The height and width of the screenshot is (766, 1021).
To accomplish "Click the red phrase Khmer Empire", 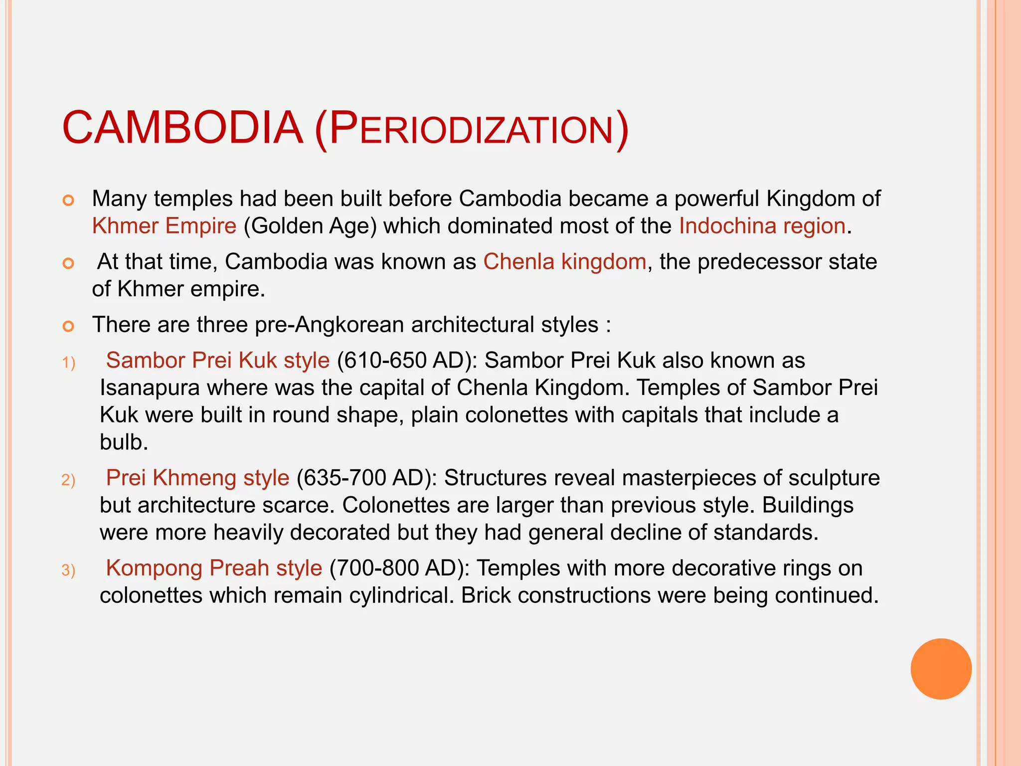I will pyautogui.click(x=164, y=225).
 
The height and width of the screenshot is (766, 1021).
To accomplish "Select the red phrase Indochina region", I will pyautogui.click(x=762, y=225).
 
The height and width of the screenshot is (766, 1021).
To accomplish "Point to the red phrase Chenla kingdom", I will pyautogui.click(x=564, y=261).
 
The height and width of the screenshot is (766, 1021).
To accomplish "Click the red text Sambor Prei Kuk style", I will pyautogui.click(x=218, y=360).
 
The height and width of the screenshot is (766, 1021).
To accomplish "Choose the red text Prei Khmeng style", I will pyautogui.click(x=197, y=478).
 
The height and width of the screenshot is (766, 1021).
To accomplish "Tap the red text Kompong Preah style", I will pyautogui.click(x=214, y=568).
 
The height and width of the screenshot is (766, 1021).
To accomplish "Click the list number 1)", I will pyautogui.click(x=68, y=363).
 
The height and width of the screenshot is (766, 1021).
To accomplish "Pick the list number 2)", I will pyautogui.click(x=68, y=480).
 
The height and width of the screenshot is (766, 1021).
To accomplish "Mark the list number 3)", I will pyautogui.click(x=68, y=570).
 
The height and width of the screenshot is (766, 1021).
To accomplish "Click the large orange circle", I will pyautogui.click(x=941, y=669).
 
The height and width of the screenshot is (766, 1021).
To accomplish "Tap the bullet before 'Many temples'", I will pyautogui.click(x=68, y=201).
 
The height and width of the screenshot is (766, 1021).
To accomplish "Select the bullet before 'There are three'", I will pyautogui.click(x=68, y=327).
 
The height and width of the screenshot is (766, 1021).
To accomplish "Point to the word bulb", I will pyautogui.click(x=123, y=442).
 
